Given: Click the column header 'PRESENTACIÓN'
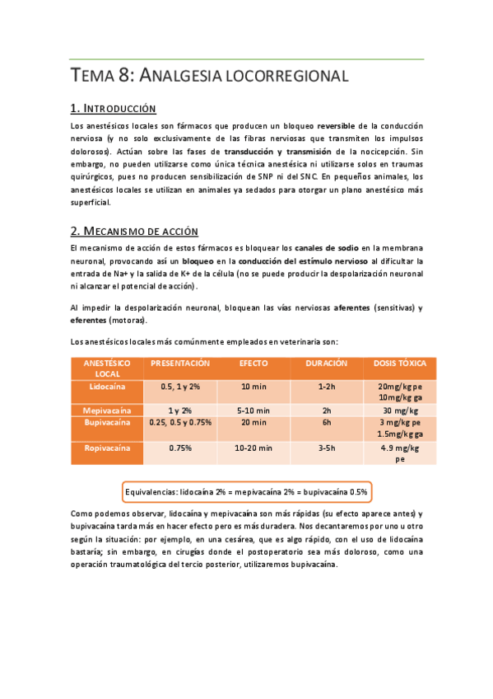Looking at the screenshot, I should click(180, 363).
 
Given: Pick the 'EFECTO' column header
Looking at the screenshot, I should click(253, 363).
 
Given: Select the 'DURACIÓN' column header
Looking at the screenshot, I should click(326, 363).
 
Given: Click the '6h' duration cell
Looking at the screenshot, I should click(326, 422).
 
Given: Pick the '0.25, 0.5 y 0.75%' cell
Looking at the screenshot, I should click(180, 422).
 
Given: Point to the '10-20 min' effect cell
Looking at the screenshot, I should click(253, 448).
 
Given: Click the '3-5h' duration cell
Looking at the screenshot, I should click(326, 448).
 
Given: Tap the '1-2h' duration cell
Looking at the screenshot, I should click(326, 386).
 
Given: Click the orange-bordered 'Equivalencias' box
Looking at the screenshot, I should click(246, 491).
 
